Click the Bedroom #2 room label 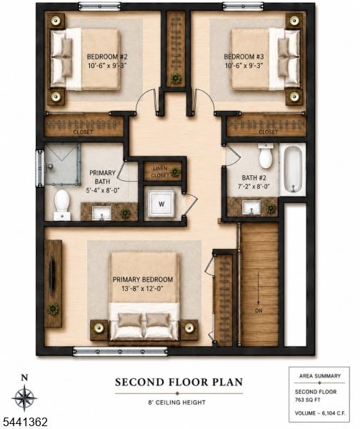click(x=107, y=57)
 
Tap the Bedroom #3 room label click(x=244, y=57)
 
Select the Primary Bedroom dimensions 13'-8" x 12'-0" click(x=142, y=288)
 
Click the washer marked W click(x=161, y=204)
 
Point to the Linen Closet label click(x=160, y=172)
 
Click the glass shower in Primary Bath click(x=62, y=164)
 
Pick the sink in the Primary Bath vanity click(x=101, y=213)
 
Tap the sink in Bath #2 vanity click(x=251, y=207)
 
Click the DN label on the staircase click(x=259, y=310)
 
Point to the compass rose click(x=24, y=398)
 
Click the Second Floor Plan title click(x=179, y=382)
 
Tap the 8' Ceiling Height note click(x=177, y=403)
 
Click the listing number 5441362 click(x=24, y=422)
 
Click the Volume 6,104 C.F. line click(x=320, y=413)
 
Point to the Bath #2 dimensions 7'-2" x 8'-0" click(x=254, y=187)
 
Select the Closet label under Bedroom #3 click(x=268, y=132)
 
